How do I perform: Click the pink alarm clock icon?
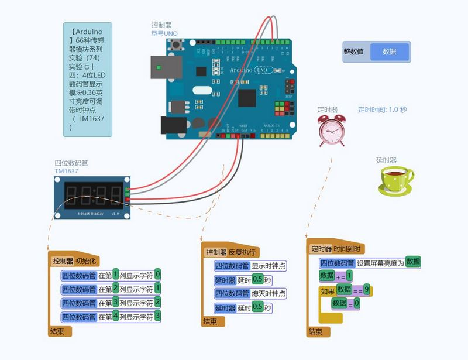[x=332, y=129]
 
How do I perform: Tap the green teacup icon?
[x=395, y=179]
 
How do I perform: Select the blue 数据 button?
[x=389, y=52]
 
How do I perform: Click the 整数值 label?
[x=354, y=52]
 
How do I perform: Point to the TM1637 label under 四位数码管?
[x=67, y=171]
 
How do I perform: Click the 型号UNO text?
[x=164, y=33]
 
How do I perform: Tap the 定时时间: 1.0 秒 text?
[x=382, y=109]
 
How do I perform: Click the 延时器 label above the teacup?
[x=386, y=160]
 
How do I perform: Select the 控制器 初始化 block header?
[x=75, y=260]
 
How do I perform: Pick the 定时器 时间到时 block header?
[x=336, y=249]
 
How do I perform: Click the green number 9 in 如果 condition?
[x=366, y=289]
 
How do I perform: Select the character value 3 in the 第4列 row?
[x=157, y=316]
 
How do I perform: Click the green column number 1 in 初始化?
[x=116, y=273]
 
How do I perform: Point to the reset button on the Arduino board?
[x=190, y=45]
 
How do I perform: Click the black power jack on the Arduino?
[x=174, y=125]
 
